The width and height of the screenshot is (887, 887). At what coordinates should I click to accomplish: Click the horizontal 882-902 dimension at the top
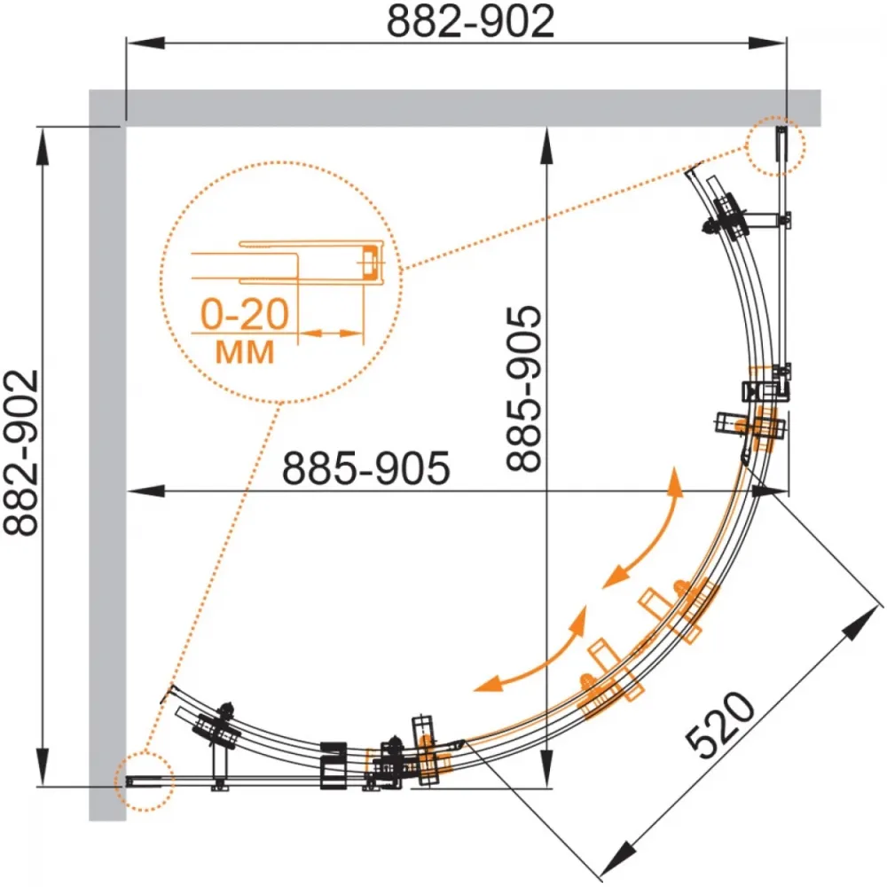470,21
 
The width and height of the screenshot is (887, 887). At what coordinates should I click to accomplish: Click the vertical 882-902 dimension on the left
21,452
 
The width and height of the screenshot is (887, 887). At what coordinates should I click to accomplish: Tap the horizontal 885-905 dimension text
366,467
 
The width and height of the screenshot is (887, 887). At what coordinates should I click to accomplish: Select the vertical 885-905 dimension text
524,389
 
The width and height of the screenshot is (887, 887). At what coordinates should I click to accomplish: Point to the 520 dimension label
719,726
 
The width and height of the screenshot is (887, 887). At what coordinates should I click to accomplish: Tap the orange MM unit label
245,352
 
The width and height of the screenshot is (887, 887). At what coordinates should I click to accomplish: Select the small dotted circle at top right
775,146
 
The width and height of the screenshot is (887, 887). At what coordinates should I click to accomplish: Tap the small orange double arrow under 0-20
330,334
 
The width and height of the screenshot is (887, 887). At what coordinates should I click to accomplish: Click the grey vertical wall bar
107,455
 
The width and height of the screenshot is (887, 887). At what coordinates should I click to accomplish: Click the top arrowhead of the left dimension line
43,146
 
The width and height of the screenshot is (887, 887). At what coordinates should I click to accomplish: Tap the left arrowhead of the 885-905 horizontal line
145,491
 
